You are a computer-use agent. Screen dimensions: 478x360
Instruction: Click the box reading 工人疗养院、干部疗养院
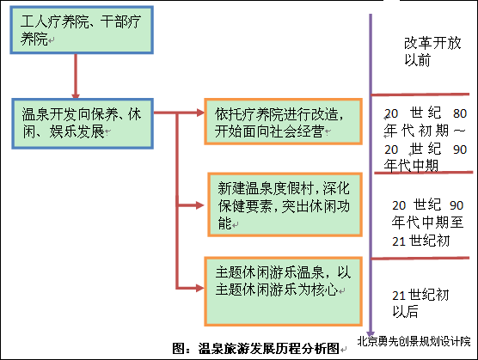coord(82,30)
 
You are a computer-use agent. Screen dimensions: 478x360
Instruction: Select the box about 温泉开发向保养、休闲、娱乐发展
coord(83,124)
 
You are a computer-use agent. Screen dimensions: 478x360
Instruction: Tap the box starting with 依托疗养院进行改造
coord(283,121)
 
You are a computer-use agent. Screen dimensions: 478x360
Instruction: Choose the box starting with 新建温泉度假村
coord(285,204)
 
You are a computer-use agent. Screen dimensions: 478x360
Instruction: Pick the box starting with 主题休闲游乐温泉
coord(283,291)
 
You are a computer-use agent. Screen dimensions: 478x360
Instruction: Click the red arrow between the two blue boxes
coord(76,76)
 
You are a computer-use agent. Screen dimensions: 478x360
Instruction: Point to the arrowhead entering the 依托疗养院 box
coord(200,113)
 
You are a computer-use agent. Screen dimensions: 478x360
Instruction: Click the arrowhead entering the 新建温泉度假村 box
coord(200,205)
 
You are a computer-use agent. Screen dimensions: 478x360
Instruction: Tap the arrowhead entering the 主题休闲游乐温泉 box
coord(200,288)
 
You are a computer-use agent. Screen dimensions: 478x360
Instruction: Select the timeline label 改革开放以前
coord(432,52)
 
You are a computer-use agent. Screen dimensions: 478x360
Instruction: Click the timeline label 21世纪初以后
coord(420,303)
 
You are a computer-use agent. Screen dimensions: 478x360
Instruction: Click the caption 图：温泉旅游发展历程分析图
coord(255,349)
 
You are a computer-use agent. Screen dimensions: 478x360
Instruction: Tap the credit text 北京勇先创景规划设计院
coord(414,341)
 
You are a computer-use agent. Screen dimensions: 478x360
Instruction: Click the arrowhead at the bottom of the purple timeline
coord(371,333)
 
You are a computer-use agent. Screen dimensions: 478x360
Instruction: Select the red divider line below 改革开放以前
coord(420,95)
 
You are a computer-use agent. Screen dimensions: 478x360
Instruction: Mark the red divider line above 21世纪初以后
coord(420,259)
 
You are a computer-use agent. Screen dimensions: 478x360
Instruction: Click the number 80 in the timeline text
coord(460,113)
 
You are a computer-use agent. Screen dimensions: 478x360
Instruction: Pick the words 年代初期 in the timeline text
coord(416,131)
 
